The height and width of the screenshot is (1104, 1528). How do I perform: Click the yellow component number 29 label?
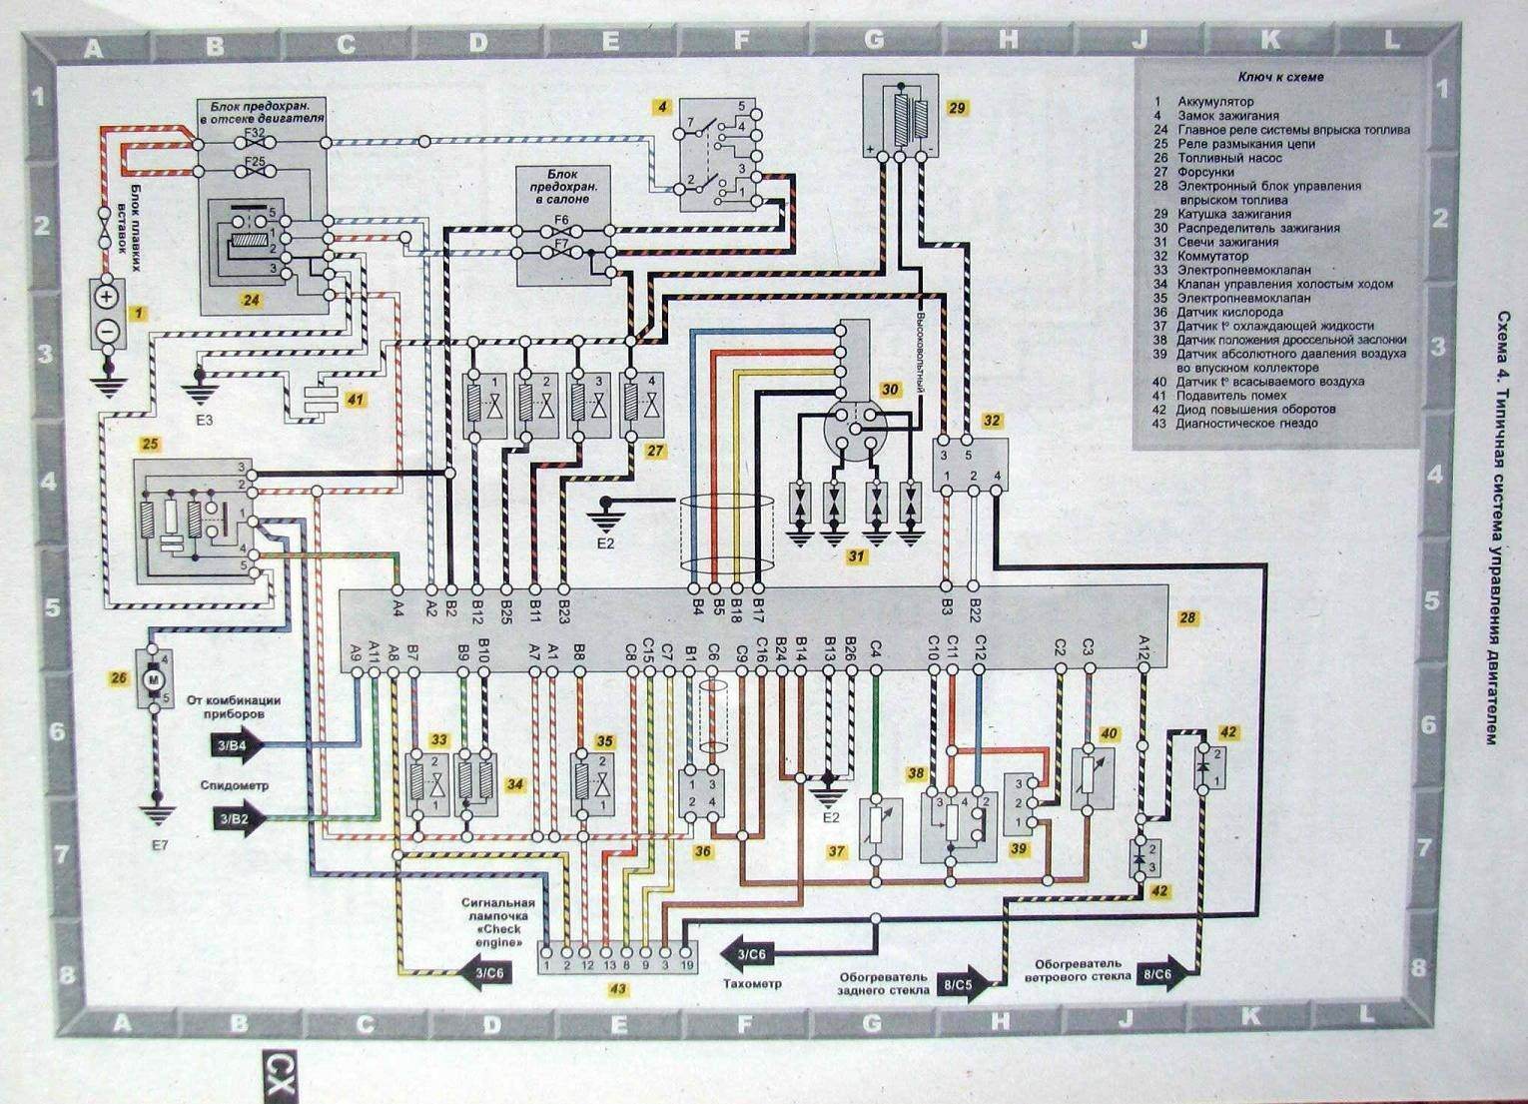pyautogui.click(x=957, y=108)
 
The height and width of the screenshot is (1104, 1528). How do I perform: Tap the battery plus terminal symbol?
pyautogui.click(x=108, y=297)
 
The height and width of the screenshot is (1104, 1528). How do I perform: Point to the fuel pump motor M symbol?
pyautogui.click(x=153, y=679)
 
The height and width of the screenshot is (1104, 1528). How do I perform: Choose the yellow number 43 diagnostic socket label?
pyautogui.click(x=618, y=989)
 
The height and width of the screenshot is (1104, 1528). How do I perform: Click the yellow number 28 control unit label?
pyautogui.click(x=1186, y=617)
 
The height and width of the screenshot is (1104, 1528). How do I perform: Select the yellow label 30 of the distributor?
pyautogui.click(x=889, y=389)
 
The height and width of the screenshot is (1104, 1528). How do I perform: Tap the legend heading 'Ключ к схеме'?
pyautogui.click(x=1280, y=77)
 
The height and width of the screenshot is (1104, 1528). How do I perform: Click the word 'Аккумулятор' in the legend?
pyautogui.click(x=1215, y=102)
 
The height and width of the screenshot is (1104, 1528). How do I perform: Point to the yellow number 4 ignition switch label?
pyautogui.click(x=661, y=107)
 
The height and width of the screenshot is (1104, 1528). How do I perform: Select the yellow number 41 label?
pyautogui.click(x=355, y=400)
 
